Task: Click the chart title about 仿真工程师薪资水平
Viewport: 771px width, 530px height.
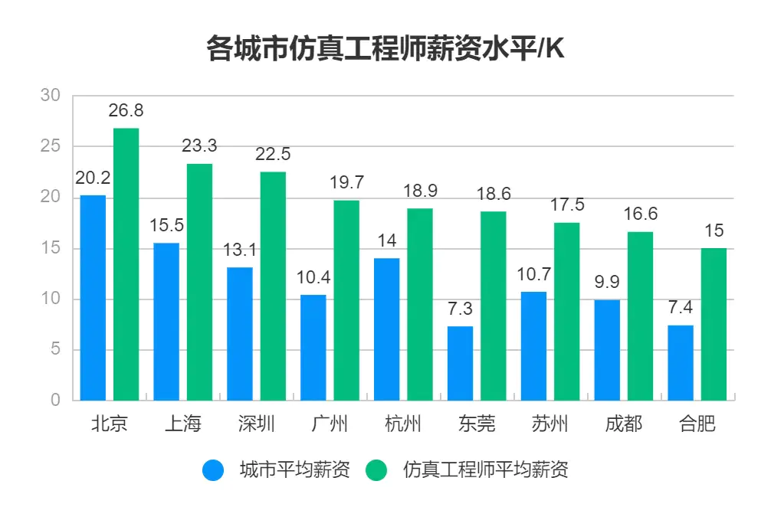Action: pos(385,48)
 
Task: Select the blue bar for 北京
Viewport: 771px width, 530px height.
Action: pos(94,298)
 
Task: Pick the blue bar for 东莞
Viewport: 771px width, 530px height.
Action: pos(461,363)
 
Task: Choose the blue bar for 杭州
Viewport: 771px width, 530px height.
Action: pos(387,329)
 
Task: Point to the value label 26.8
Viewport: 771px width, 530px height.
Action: pos(126,110)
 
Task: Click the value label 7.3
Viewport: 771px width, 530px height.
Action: pos(461,309)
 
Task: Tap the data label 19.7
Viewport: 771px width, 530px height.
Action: pos(346,182)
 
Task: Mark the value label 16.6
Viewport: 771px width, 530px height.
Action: pos(641,214)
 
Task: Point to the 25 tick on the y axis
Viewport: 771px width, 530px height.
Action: pos(50,146)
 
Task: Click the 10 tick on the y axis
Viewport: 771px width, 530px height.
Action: pos(50,299)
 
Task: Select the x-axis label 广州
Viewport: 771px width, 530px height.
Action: pos(330,424)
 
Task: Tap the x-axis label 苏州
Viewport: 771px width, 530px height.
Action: pos(550,424)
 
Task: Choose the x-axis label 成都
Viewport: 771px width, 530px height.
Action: pos(623,424)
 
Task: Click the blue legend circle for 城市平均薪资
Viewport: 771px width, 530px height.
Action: pos(214,470)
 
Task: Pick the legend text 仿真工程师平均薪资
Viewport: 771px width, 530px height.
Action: pos(486,470)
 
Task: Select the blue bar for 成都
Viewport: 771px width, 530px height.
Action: pos(607,350)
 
